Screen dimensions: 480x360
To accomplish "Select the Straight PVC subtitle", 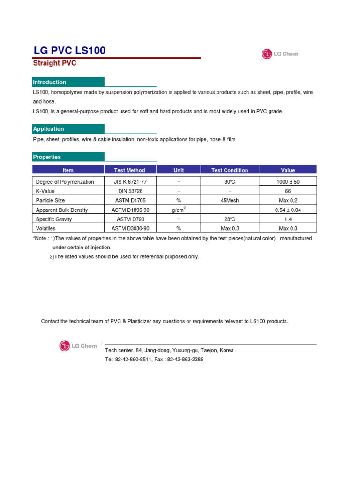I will [54, 63].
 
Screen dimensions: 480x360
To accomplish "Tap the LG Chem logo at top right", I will [280, 54].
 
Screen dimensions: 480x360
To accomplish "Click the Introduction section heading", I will [50, 82].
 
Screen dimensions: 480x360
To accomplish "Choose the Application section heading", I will [48, 129].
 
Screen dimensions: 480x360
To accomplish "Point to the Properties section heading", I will [47, 157].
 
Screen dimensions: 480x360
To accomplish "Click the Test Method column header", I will [130, 170].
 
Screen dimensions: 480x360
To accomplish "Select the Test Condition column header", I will [230, 170].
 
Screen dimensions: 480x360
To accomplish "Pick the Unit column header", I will [179, 170].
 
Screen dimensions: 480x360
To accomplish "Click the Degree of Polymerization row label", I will [65, 182].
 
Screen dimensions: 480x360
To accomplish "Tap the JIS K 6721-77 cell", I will [130, 182].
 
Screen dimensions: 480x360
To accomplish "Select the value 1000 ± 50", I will [288, 182].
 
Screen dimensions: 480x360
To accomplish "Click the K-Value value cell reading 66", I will [288, 191].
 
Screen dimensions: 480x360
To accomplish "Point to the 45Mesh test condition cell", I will [230, 200].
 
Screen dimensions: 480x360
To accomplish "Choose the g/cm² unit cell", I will [179, 210].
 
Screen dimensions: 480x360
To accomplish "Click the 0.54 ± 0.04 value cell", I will [288, 210].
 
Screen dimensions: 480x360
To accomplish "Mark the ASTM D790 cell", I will [130, 219].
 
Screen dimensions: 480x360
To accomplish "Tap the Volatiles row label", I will [46, 228].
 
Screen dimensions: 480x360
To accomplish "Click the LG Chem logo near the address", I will [78, 346].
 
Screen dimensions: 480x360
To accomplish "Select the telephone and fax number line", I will [154, 360].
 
